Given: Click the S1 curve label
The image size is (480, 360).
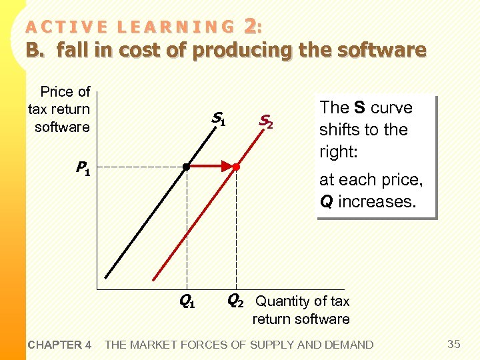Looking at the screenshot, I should [x=219, y=119].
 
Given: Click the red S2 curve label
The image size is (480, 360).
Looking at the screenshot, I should [x=265, y=121].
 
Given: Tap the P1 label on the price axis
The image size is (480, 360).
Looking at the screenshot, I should [x=83, y=169].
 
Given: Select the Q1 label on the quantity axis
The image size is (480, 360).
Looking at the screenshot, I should [x=187, y=301].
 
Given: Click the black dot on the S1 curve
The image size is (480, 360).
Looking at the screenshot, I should [x=187, y=166].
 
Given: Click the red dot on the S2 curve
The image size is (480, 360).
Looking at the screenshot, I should [x=236, y=167].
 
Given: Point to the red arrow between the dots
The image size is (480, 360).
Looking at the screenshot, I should [x=213, y=166].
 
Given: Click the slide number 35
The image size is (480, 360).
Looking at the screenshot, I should [x=454, y=344].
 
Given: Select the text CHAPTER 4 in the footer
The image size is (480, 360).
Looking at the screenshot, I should [x=60, y=345].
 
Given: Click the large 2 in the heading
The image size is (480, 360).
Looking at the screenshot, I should [x=250, y=26].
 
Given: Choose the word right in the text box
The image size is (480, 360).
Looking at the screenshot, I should [x=337, y=151].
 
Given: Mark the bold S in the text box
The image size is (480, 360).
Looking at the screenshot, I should [x=359, y=108].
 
